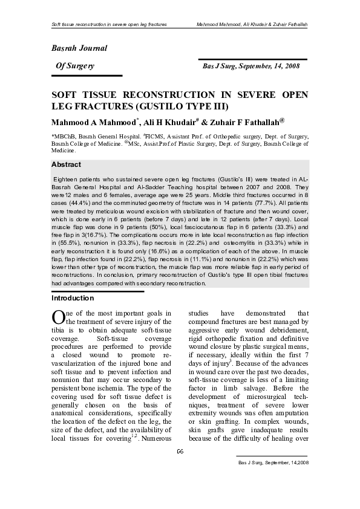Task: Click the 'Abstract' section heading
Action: [x=67, y=164]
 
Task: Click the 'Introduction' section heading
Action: [x=72, y=299]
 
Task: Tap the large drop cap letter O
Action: [x=58, y=317]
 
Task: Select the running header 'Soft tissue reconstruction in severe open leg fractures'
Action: [x=109, y=24]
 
